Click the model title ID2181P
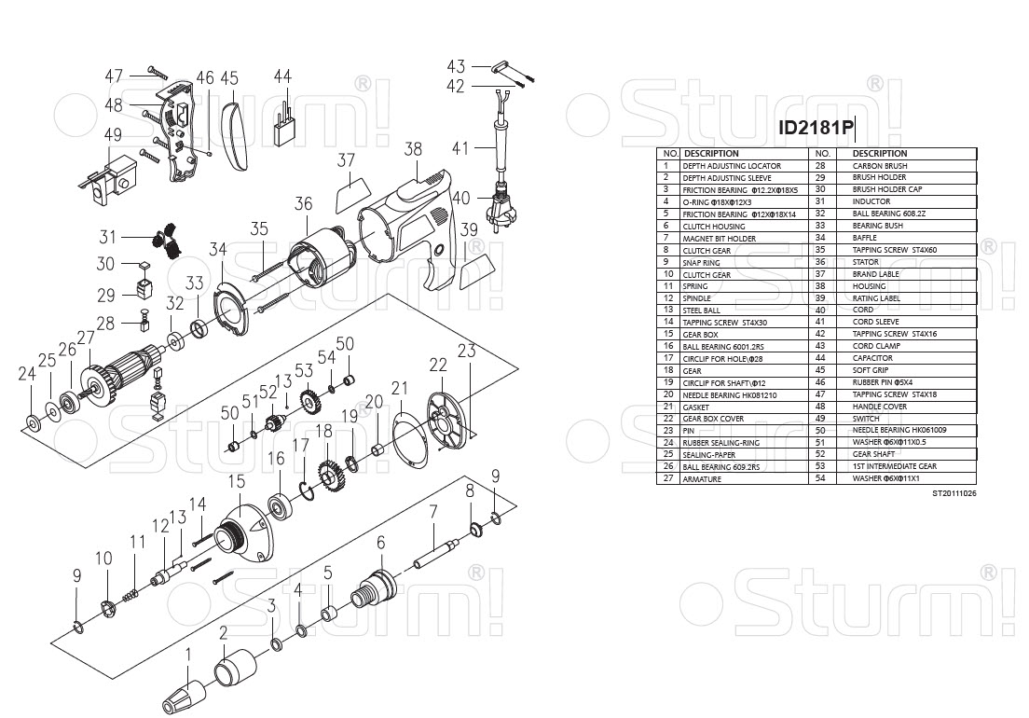click(x=816, y=128)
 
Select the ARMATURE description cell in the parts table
click(x=702, y=479)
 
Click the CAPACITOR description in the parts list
click(x=872, y=358)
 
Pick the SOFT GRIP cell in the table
click(x=871, y=370)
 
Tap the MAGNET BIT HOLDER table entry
click(x=719, y=239)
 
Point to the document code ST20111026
click(x=954, y=493)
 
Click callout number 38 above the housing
click(x=413, y=149)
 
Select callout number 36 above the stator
click(x=303, y=203)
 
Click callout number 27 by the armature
click(x=86, y=338)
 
